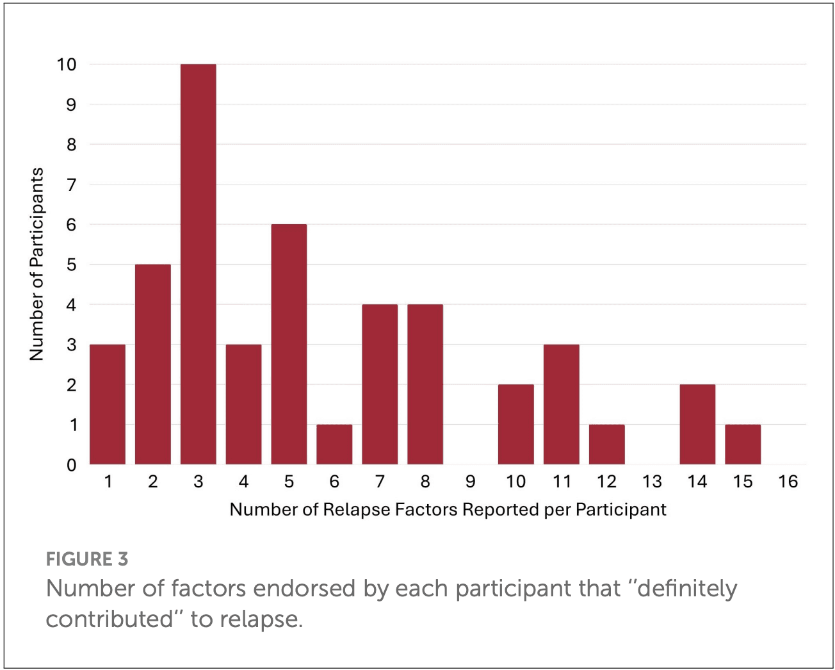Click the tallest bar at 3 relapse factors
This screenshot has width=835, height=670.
pos(198,264)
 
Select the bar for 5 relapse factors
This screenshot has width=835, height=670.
pos(289,344)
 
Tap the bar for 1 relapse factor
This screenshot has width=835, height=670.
pos(108,404)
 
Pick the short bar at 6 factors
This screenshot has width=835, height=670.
pos(334,444)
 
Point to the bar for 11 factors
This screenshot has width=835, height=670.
pos(561,404)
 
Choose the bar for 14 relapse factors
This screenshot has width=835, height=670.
pos(697,424)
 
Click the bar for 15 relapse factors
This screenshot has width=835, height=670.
pos(743,444)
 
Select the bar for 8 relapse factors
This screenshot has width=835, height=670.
pos(425,384)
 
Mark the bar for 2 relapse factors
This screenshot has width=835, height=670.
pos(153,364)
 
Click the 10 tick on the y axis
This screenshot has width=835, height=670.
pos(67,65)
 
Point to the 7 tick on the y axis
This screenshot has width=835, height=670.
pos(71,185)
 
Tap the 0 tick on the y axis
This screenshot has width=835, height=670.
pos(71,465)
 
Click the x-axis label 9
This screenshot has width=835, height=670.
pos(471,482)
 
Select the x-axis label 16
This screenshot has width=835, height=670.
pos(788,482)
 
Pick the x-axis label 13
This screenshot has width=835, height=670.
pos(652,482)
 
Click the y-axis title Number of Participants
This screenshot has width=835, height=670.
pos(37,264)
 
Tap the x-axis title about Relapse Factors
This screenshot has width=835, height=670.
pos(448,510)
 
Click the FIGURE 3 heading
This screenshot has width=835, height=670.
pos(87,559)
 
